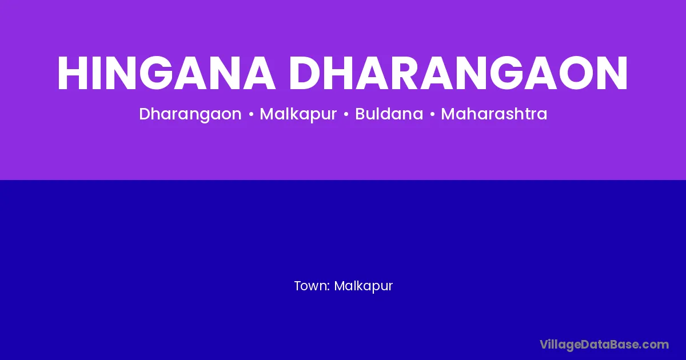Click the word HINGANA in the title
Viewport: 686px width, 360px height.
click(166, 73)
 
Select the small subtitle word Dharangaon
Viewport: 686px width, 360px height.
click(190, 114)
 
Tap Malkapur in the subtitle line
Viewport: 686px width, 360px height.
click(298, 114)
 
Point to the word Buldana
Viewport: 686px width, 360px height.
click(389, 114)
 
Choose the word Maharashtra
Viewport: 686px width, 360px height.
click(494, 114)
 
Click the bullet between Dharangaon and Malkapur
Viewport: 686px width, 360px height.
click(251, 114)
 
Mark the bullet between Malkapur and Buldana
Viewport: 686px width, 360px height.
click(346, 114)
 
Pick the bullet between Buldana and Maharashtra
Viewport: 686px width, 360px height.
click(432, 114)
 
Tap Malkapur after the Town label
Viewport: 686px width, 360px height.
click(363, 286)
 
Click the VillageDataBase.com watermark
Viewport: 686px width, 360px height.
click(604, 345)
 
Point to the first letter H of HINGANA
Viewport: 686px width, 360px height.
click(73, 73)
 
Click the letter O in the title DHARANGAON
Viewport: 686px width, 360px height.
click(576, 73)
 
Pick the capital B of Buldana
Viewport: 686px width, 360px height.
click(361, 114)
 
